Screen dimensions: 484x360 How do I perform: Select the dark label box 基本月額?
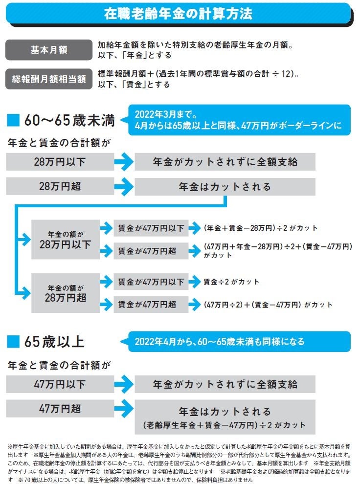(x=48, y=49)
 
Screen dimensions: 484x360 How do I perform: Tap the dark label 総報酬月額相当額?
(x=48, y=79)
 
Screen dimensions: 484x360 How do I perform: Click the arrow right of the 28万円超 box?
(x=124, y=186)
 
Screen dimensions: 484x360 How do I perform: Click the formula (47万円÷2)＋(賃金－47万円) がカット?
(x=268, y=305)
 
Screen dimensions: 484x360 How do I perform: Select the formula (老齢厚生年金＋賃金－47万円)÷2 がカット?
(x=225, y=425)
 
